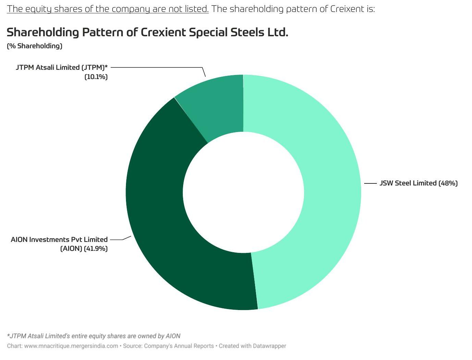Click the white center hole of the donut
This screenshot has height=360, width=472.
(x=243, y=192)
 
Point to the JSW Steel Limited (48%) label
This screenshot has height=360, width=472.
(x=419, y=183)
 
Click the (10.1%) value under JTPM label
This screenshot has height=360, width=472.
(x=96, y=77)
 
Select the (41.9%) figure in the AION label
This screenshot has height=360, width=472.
(x=96, y=249)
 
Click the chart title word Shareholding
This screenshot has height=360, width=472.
(x=43, y=33)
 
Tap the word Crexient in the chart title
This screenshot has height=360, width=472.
(x=163, y=32)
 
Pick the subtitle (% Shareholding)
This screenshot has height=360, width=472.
(x=35, y=46)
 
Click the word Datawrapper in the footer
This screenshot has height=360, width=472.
(x=269, y=346)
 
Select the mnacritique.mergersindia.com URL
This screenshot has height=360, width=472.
(x=71, y=346)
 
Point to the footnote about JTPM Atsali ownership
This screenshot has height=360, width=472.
(x=93, y=336)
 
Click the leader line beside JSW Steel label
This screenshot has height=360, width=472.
(x=370, y=183)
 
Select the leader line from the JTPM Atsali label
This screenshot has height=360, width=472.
(x=158, y=67)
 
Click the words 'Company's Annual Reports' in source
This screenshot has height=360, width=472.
(x=179, y=346)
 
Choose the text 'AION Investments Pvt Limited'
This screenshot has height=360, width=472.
(x=59, y=240)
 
